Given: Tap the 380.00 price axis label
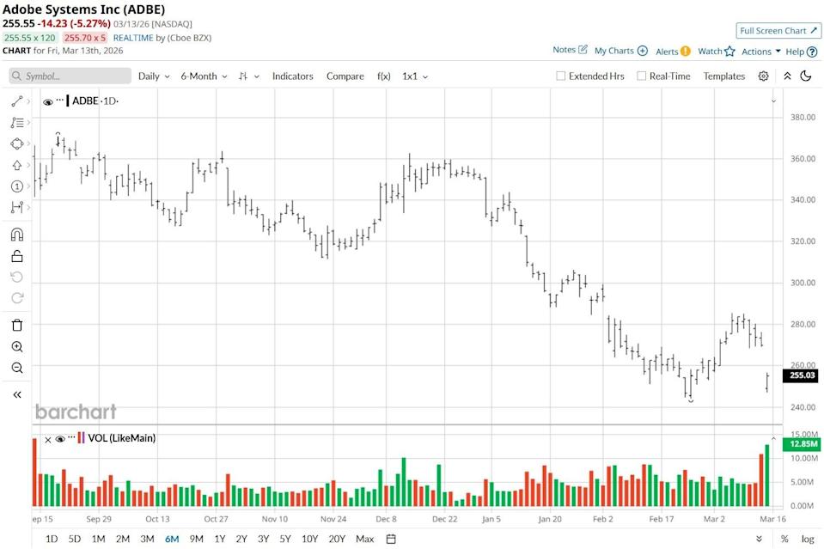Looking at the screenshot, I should click(x=803, y=118).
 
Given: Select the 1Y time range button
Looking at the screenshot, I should click(x=220, y=539).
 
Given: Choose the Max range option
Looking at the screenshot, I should click(x=364, y=539).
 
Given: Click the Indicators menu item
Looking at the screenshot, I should click(x=292, y=76).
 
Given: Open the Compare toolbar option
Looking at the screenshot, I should click(x=345, y=76).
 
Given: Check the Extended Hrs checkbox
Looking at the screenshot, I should click(x=561, y=76).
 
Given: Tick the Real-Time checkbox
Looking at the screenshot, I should click(x=642, y=76).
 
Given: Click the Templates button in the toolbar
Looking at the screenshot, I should click(x=724, y=76).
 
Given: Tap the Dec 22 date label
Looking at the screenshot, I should click(x=444, y=519).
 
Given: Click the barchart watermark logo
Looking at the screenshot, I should click(x=76, y=412).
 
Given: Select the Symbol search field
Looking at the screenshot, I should click(x=70, y=76).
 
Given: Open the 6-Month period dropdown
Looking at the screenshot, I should click(x=204, y=76).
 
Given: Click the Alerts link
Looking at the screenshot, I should click(x=673, y=52).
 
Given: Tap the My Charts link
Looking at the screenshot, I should click(x=620, y=52).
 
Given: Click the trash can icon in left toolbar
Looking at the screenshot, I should click(x=17, y=325).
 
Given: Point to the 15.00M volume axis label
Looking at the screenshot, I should click(x=803, y=434).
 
